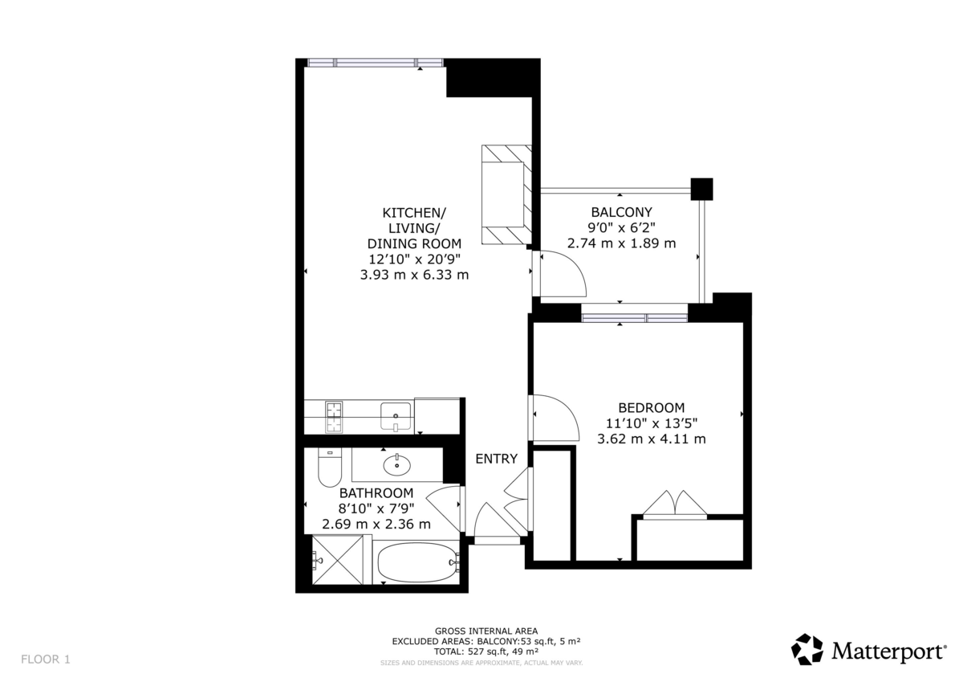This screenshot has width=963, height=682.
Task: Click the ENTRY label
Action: tap(496, 459)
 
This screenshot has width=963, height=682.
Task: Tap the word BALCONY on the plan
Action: tap(621, 212)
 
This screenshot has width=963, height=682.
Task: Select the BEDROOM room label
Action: tap(652, 407)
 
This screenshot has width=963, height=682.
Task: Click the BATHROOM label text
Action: tap(376, 492)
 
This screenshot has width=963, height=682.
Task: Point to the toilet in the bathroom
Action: tap(330, 467)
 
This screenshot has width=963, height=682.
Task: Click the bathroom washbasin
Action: tap(396, 465)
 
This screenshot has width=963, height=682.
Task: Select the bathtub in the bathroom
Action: tap(416, 562)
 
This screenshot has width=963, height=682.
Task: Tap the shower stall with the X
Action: tap(338, 560)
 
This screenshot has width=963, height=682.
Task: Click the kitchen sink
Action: tap(396, 417)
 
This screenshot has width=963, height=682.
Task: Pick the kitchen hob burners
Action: tap(334, 417)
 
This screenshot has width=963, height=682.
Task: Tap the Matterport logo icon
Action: tap(807, 649)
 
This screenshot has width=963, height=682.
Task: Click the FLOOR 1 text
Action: tap(46, 660)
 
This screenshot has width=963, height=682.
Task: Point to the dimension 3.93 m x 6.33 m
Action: tap(414, 275)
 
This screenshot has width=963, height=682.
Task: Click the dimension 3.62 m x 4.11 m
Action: tap(652, 439)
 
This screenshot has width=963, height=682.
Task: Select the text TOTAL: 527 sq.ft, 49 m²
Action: tap(486, 651)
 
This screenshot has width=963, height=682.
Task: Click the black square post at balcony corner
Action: tap(701, 190)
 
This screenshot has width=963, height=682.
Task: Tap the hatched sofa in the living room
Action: tap(506, 195)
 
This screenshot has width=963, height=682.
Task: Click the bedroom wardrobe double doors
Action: tap(675, 504)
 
